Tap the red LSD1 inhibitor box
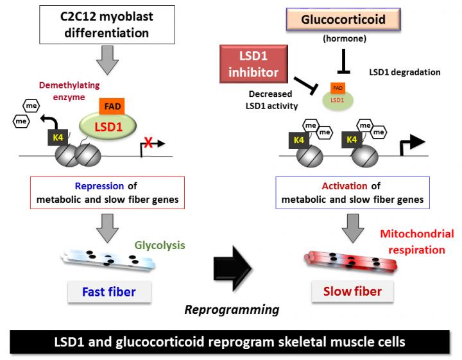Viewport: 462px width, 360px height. click(x=254, y=64)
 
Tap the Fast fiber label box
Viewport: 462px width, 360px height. click(x=108, y=292)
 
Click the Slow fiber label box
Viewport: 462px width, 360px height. click(x=352, y=292)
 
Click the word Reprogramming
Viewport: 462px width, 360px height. click(x=232, y=310)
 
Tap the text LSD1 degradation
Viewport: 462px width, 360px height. click(x=405, y=73)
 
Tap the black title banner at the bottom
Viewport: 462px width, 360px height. click(x=231, y=341)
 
